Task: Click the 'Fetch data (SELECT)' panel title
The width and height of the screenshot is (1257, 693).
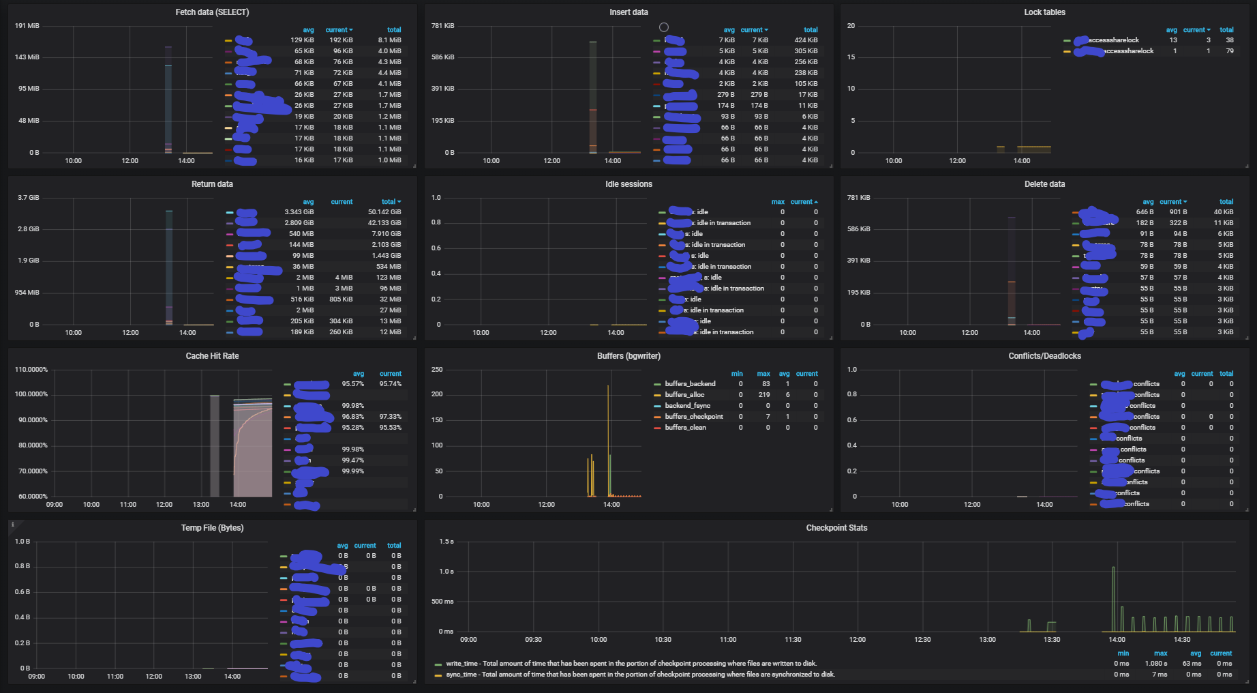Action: coord(212,12)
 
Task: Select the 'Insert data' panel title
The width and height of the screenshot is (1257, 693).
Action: coord(628,12)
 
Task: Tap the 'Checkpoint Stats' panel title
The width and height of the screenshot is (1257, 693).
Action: coord(836,528)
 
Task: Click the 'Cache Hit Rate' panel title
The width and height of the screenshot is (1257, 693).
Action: coord(212,356)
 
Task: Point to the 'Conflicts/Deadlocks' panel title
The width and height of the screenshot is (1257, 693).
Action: coord(1044,356)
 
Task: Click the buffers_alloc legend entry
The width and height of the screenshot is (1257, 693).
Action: coord(684,395)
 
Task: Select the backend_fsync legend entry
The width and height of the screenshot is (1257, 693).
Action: coord(687,406)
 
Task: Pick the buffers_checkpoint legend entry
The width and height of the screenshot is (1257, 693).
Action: coord(694,417)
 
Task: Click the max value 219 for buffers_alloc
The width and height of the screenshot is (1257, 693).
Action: coord(764,395)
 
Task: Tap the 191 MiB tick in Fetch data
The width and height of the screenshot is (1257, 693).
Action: coord(28,26)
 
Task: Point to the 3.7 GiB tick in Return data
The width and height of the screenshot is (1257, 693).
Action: coord(29,198)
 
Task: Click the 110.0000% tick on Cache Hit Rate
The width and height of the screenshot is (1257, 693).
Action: coord(31,370)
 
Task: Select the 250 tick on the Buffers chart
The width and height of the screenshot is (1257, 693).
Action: coord(437,370)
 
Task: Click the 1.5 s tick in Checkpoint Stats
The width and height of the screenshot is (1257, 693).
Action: coord(446,542)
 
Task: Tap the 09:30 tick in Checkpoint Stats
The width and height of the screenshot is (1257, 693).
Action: coord(533,640)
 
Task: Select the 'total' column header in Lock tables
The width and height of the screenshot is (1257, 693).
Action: coord(1226,30)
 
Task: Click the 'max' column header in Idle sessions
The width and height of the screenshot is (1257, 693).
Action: coord(778,202)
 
